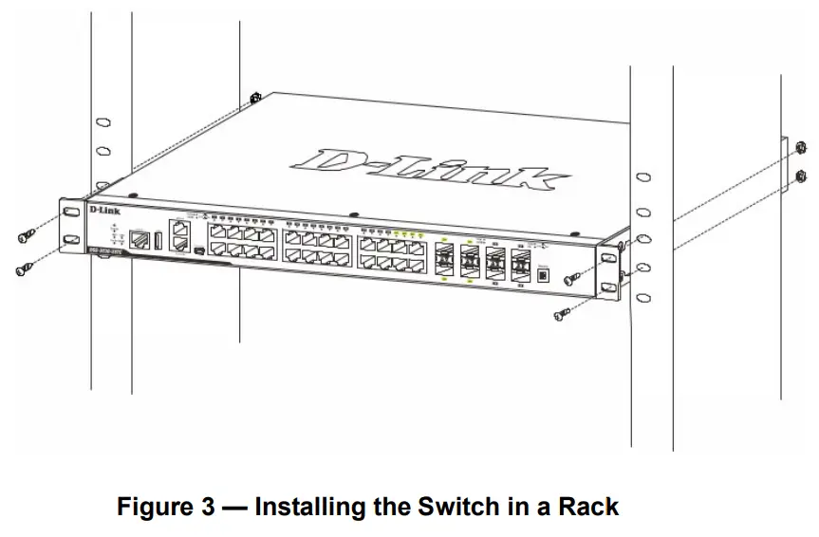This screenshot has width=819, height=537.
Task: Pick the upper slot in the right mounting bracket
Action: (x=607, y=257)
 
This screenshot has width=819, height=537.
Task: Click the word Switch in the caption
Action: (x=454, y=507)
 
